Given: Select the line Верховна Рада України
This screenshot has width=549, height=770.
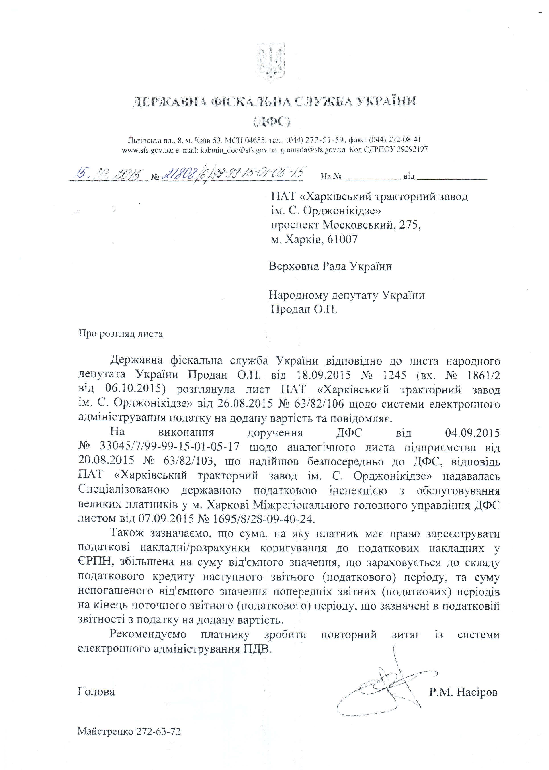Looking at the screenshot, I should tap(330, 267).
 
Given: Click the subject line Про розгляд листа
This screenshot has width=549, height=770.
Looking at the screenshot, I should tap(120, 334).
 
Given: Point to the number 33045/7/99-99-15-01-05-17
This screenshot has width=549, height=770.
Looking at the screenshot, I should tap(170, 447).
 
